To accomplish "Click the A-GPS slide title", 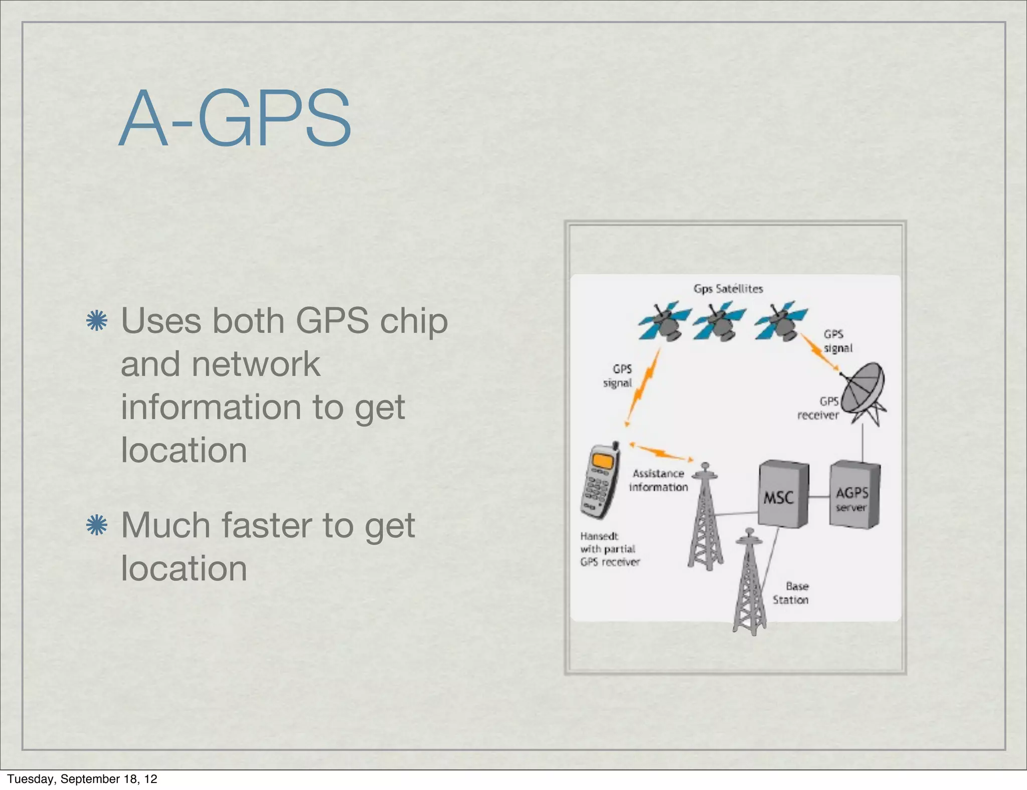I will tap(235, 118).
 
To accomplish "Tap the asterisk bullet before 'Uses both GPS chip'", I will tap(97, 321).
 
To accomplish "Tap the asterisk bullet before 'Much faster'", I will tap(97, 525).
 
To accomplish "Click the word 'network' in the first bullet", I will tap(256, 364).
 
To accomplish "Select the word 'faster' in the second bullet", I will tap(267, 525).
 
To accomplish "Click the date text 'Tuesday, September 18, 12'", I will tap(82, 779).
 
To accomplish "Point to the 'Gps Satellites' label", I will tap(728, 289).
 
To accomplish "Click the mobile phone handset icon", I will tap(599, 481).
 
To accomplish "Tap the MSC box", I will tap(782, 494).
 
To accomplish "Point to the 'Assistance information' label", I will tap(658, 480).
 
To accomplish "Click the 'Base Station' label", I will tap(791, 593).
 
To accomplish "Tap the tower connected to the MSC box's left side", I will tap(706, 519).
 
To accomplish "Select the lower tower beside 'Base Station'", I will tap(749, 584).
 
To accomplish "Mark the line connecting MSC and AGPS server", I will tap(819, 497).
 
